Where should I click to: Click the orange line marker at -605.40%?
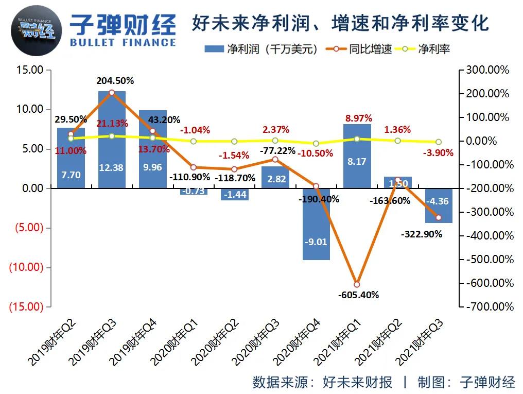coord(357,284)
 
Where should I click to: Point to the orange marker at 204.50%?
coord(112,93)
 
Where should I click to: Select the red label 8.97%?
coord(357,118)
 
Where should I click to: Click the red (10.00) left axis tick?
coord(26,267)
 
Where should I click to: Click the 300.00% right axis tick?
coord(487,70)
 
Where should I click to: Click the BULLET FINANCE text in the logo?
coord(123,42)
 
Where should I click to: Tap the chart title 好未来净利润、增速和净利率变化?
coord(340,23)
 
